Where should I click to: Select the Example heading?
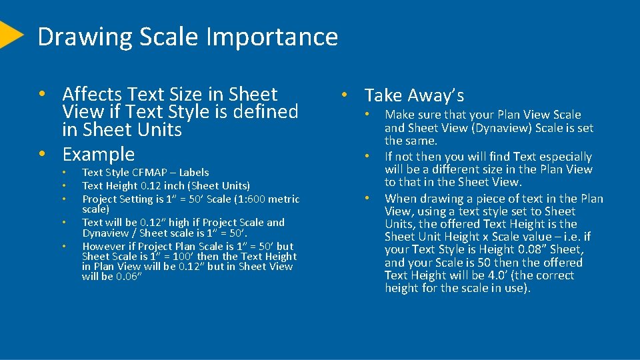pos(99,154)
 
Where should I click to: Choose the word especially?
pos(564,157)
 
